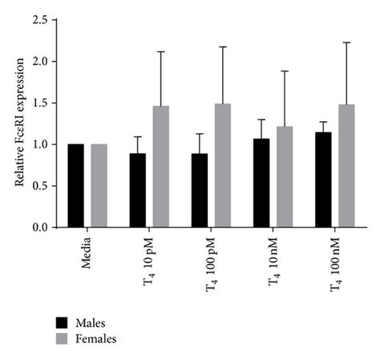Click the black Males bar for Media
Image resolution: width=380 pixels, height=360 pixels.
point(76,186)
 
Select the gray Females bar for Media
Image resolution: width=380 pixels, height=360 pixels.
point(99,186)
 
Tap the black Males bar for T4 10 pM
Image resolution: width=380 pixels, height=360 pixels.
point(138,191)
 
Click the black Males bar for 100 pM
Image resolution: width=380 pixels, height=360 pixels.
point(200,191)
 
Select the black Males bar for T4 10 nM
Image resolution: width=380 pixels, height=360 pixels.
point(261,183)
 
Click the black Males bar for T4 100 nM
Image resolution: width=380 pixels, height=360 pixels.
point(323,180)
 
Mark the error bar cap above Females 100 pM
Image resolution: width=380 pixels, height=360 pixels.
point(223,47)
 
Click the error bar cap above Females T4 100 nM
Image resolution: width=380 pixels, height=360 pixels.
point(346,42)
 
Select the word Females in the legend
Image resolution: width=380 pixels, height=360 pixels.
point(96,339)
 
